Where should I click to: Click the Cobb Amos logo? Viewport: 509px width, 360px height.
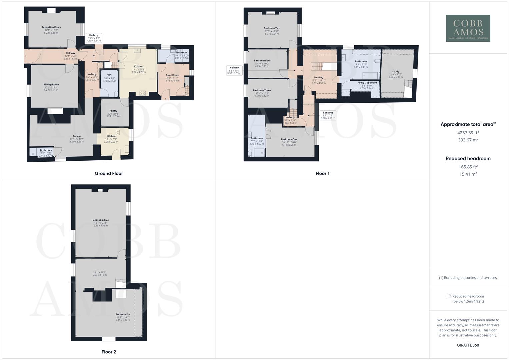(468, 28)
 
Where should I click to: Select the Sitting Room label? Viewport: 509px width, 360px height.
(51, 85)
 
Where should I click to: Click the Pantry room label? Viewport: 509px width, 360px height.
(113, 111)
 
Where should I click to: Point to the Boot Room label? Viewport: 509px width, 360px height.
(172, 75)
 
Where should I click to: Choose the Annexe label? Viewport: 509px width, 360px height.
(77, 136)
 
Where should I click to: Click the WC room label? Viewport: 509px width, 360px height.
(109, 75)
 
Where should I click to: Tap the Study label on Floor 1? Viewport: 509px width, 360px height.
(395, 72)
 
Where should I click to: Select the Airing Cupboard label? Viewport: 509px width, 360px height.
(367, 83)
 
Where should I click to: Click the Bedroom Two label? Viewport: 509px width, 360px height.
(272, 28)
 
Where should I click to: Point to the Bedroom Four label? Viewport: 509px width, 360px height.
(262, 61)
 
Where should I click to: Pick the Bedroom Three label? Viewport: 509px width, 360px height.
(262, 91)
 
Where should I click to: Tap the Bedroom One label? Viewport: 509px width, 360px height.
(289, 139)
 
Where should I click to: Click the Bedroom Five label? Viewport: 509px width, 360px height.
(101, 220)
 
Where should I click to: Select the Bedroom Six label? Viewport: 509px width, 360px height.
(123, 314)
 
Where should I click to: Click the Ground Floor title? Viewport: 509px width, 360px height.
(109, 173)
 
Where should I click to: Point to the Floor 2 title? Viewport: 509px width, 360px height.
(109, 352)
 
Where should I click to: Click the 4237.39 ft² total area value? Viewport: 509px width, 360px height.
(468, 133)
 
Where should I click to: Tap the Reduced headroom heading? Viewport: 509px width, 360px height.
(468, 159)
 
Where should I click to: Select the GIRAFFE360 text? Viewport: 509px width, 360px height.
(468, 345)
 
